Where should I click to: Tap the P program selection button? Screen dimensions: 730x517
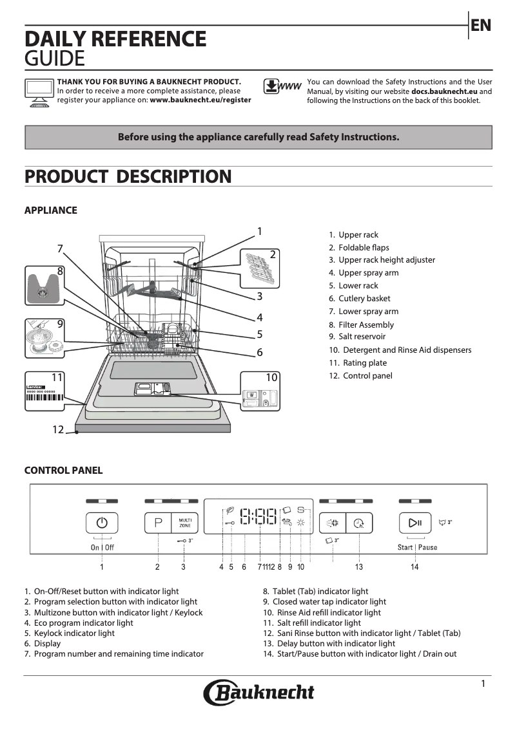pyautogui.click(x=158, y=522)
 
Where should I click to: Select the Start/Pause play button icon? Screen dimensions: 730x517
pyautogui.click(x=415, y=522)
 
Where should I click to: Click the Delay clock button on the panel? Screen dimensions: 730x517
pyautogui.click(x=359, y=523)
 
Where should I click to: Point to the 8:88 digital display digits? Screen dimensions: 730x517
pyautogui.click(x=258, y=516)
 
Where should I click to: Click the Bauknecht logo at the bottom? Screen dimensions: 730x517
pyautogui.click(x=259, y=693)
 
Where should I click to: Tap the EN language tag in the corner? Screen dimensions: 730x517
pyautogui.click(x=481, y=26)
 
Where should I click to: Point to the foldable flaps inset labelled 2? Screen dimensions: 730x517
pyautogui.click(x=260, y=267)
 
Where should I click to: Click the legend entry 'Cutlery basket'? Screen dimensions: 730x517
pyautogui.click(x=364, y=299)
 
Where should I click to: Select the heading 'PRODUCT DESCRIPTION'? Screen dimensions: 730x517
pyautogui.click(x=128, y=177)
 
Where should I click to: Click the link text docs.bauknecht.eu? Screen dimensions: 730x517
pyautogui.click(x=444, y=91)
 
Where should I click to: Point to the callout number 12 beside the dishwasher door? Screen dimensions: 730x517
pyautogui.click(x=59, y=429)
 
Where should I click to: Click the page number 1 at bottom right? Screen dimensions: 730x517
pyautogui.click(x=483, y=684)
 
